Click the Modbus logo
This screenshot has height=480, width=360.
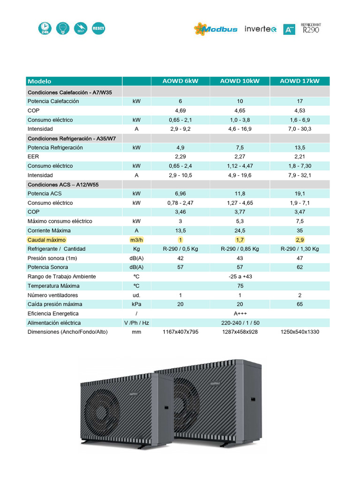216,29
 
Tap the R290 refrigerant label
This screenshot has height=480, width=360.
312,29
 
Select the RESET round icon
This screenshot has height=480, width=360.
98,28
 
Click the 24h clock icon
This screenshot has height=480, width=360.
45,28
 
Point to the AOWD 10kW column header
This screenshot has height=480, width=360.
240,81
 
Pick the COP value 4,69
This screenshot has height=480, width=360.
180,111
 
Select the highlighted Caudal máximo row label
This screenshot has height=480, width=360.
46,240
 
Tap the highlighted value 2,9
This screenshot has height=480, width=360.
300,240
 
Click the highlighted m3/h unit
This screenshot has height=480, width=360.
136,240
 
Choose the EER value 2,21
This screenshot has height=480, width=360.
300,157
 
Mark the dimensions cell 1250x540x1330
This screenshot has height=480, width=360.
300,332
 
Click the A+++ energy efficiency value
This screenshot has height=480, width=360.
240,314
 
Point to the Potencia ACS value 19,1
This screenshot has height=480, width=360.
300,194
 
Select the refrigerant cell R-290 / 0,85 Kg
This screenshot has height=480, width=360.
240,249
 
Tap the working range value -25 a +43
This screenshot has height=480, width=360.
240,277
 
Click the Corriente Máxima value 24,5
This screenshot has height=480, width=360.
240,231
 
